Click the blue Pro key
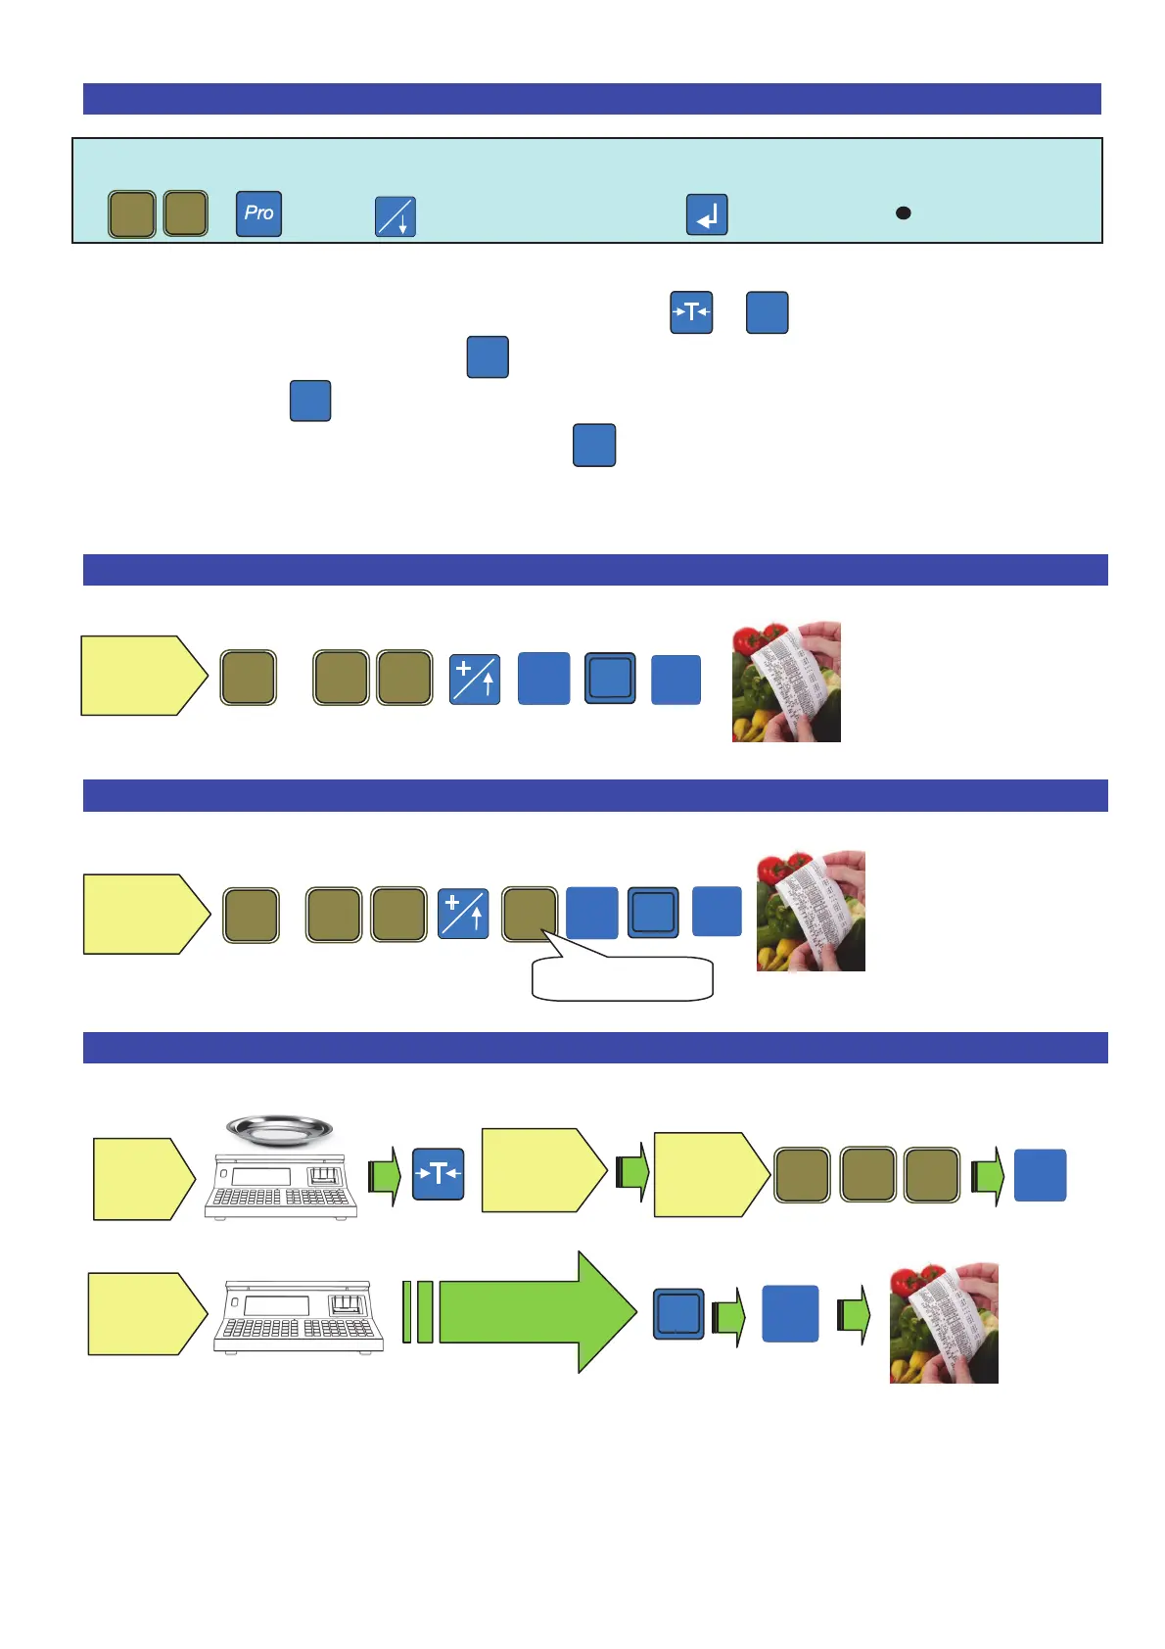tap(258, 213)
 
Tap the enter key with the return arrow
tap(707, 214)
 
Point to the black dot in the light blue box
tap(904, 212)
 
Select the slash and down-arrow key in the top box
tap(396, 216)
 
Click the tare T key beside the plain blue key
tap(691, 312)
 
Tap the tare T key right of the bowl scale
tap(438, 1174)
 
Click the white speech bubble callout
tap(623, 978)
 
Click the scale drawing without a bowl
tap(298, 1317)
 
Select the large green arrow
tap(536, 1312)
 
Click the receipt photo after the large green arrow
tap(944, 1323)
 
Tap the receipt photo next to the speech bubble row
tap(811, 911)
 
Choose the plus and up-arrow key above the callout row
tap(475, 680)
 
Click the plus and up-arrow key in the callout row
tap(463, 914)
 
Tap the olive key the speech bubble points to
tap(530, 915)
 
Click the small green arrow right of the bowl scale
tap(385, 1175)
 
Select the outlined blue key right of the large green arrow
tap(678, 1314)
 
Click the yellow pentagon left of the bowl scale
tap(143, 1179)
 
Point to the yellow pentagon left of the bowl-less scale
tap(146, 1314)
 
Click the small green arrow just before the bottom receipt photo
tap(854, 1314)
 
